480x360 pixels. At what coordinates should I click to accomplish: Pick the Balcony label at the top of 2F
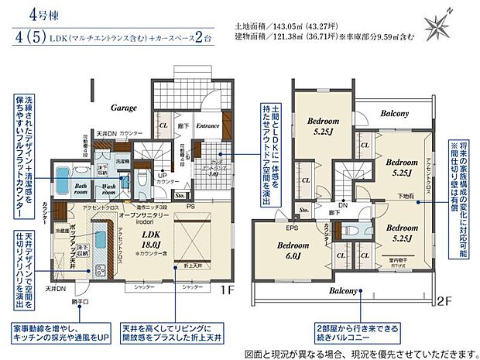(394, 113)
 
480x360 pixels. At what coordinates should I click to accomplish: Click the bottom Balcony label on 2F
(341, 291)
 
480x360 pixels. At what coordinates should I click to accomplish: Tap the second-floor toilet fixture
(354, 229)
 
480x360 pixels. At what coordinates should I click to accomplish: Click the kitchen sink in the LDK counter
(98, 270)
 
